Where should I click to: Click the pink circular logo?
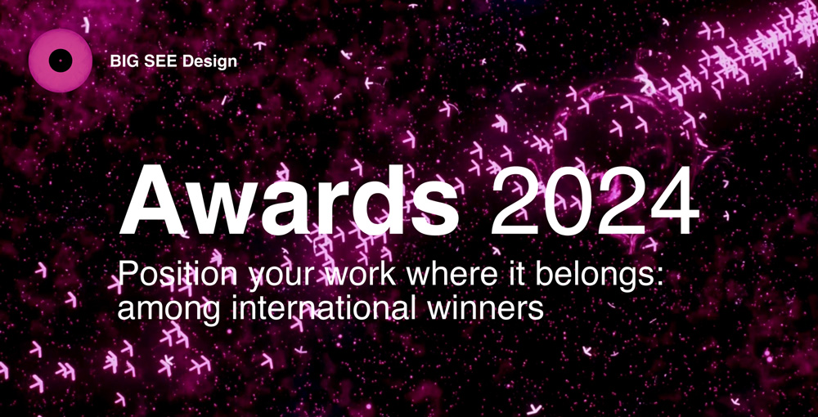pyautogui.click(x=61, y=61)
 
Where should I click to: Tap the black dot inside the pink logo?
pyautogui.click(x=61, y=61)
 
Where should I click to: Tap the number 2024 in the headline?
pyautogui.click(x=594, y=200)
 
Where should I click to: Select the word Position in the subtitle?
pyautogui.click(x=177, y=274)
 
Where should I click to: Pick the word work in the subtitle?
pyautogui.click(x=357, y=274)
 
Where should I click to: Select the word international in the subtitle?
pyautogui.click(x=322, y=307)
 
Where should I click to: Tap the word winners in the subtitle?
pyautogui.click(x=484, y=307)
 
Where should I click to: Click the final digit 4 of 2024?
pyautogui.click(x=674, y=201)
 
